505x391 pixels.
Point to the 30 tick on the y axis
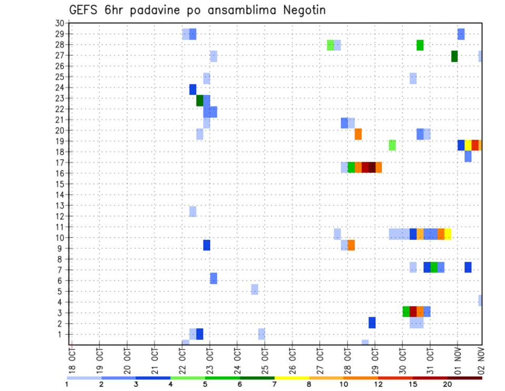[x=59, y=23]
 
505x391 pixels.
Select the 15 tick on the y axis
[x=59, y=184]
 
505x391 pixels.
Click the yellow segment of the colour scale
[x=292, y=377]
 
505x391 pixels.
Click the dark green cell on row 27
[x=454, y=56]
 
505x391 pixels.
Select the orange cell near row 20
[x=358, y=134]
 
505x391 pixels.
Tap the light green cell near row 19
[x=392, y=145]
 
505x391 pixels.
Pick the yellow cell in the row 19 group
[x=468, y=145]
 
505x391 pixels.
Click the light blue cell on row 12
[x=193, y=211]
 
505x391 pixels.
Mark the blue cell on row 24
[x=193, y=90]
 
